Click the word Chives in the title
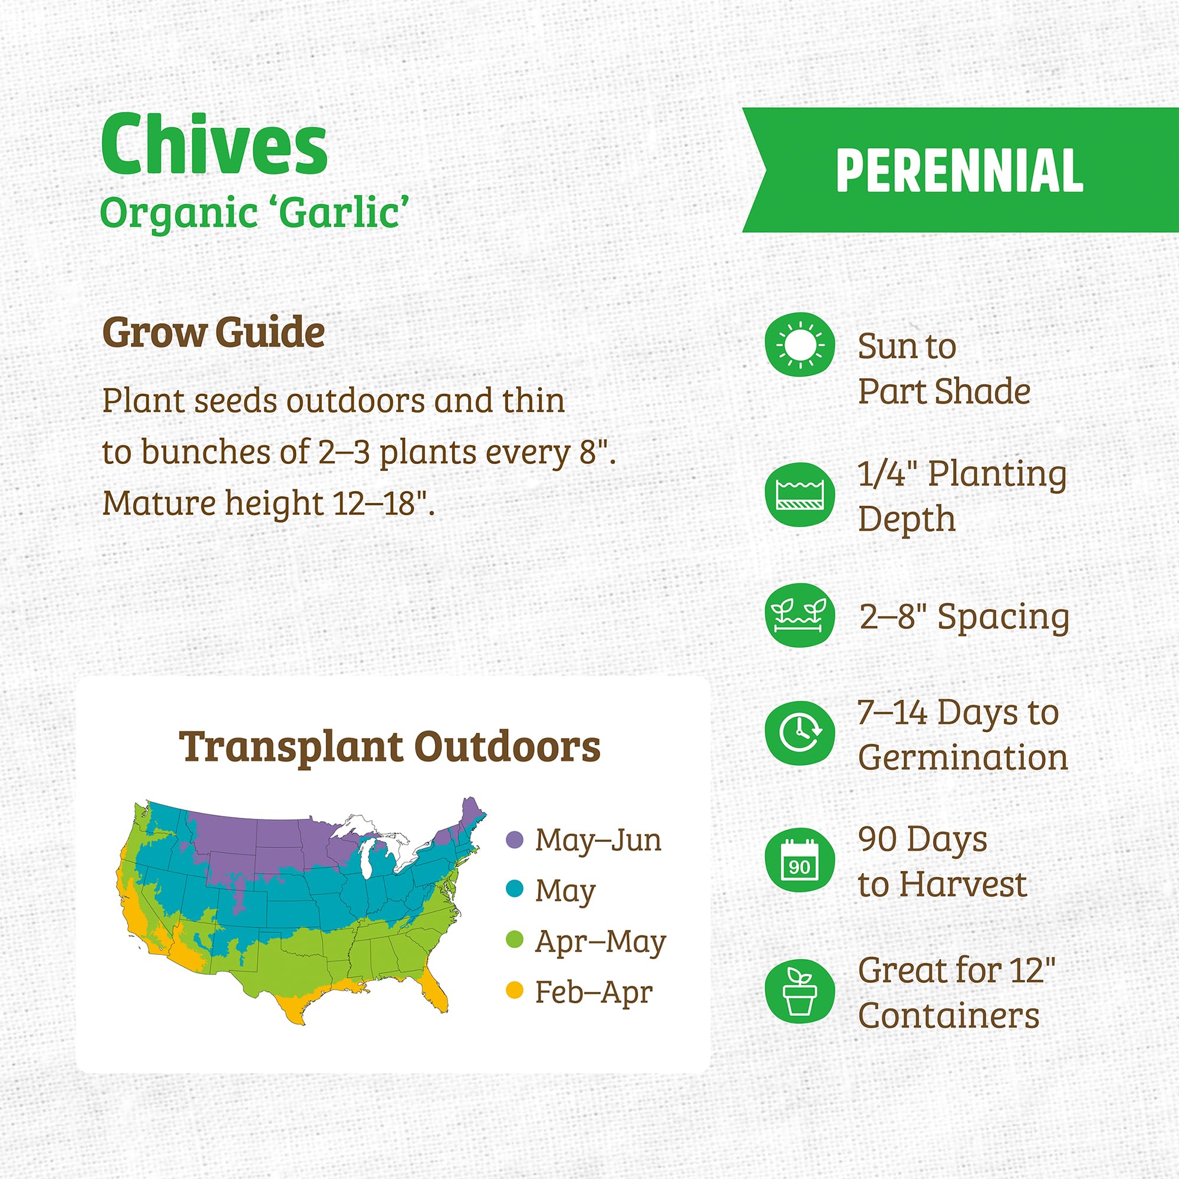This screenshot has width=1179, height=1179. click(214, 145)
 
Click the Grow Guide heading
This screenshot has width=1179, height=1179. click(213, 332)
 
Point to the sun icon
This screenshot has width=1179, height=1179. click(799, 345)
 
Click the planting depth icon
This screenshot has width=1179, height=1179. click(799, 495)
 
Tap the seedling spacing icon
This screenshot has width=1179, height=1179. click(799, 615)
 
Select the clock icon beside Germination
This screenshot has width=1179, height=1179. click(799, 733)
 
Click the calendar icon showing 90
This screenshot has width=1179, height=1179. click(799, 860)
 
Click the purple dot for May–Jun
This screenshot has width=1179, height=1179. click(515, 839)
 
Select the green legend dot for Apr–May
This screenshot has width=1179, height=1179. click(515, 939)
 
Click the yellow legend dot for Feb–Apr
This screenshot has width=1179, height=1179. click(515, 990)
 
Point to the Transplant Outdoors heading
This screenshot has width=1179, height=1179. click(389, 746)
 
